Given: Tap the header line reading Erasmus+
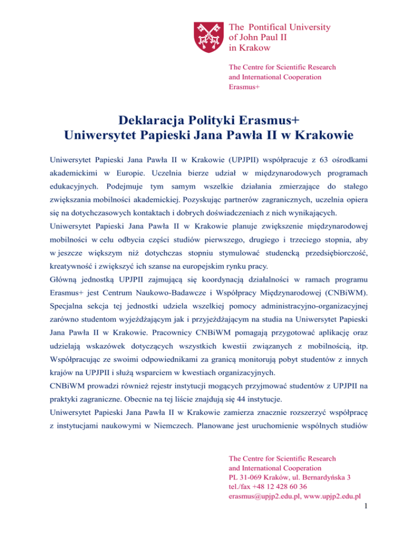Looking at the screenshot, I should pos(244,87).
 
